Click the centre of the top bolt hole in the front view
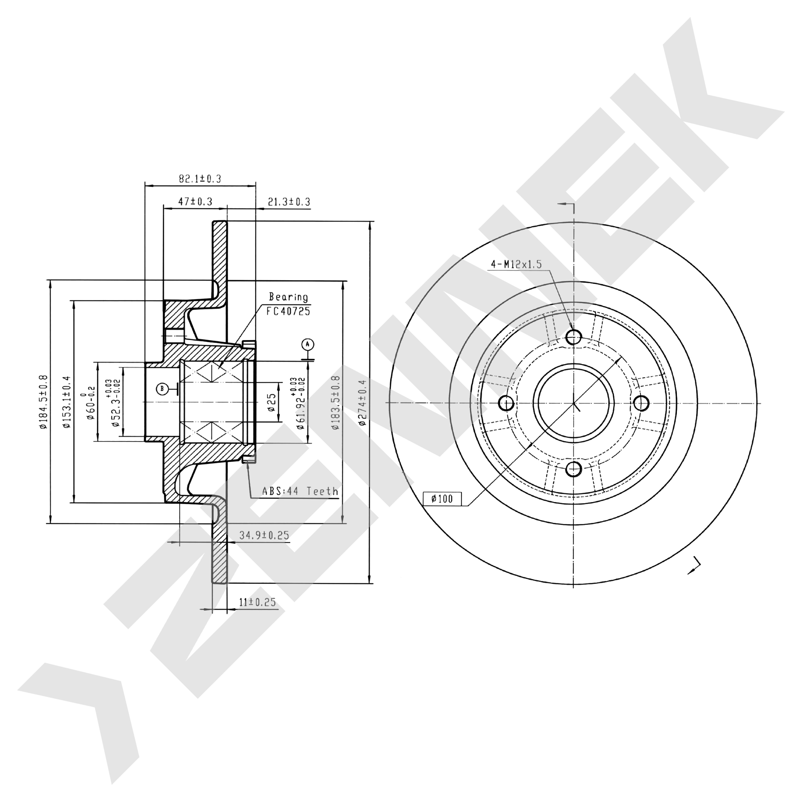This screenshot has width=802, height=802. pyautogui.click(x=574, y=337)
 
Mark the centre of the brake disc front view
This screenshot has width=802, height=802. pyautogui.click(x=574, y=403)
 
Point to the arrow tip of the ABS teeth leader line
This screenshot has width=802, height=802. pyautogui.click(x=248, y=462)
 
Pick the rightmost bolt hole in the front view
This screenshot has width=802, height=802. pyautogui.click(x=641, y=403)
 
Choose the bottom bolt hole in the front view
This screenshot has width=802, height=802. pyautogui.click(x=574, y=469)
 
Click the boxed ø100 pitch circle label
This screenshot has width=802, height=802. pyautogui.click(x=442, y=499)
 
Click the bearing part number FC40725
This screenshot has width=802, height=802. pyautogui.click(x=288, y=311)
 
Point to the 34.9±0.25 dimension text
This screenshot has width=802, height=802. pyautogui.click(x=264, y=535)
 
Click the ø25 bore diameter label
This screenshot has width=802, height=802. pyautogui.click(x=271, y=402)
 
